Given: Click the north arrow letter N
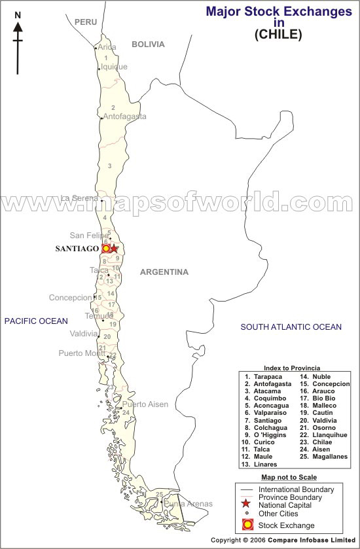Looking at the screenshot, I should pyautogui.click(x=18, y=14).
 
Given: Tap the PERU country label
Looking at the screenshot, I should pyautogui.click(x=86, y=22).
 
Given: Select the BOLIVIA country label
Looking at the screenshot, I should pyautogui.click(x=148, y=44).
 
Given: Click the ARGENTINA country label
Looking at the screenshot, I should pyautogui.click(x=164, y=272).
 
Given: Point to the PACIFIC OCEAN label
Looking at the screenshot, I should pyautogui.click(x=36, y=321).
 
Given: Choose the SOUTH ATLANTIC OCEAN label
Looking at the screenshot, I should pyautogui.click(x=291, y=327).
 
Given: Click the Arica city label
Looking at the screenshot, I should pyautogui.click(x=107, y=47).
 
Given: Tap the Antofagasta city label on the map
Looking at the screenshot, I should pyautogui.click(x=124, y=116).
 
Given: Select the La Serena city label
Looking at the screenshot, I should pyautogui.click(x=79, y=198).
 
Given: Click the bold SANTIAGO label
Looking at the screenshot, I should pyautogui.click(x=77, y=249).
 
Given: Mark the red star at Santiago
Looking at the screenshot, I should pyautogui.click(x=114, y=249).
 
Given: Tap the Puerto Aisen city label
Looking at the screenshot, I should pyautogui.click(x=145, y=404).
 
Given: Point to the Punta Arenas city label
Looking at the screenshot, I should pyautogui.click(x=188, y=504).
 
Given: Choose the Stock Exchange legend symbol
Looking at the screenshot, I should pyautogui.click(x=247, y=524).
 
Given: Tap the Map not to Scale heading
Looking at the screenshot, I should pyautogui.click(x=289, y=478).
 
